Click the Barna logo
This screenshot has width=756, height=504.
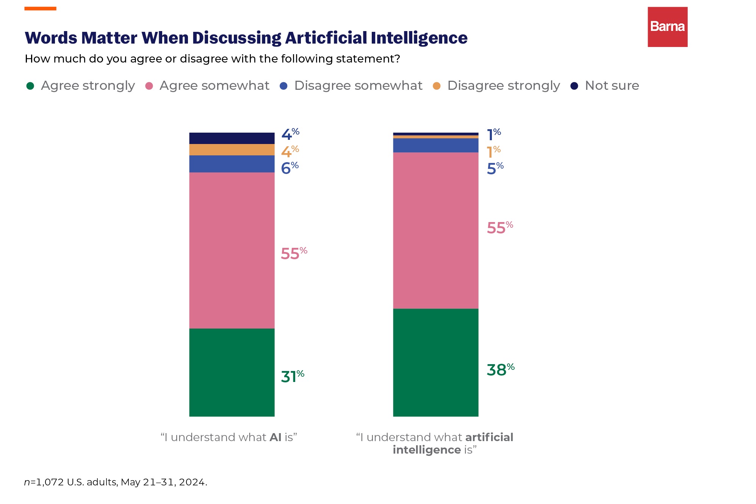(667, 27)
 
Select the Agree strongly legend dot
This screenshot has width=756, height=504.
(30, 86)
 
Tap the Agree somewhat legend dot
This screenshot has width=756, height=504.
(149, 86)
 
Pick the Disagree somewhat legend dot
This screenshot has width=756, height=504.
(283, 86)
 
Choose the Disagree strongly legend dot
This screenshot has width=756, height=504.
(437, 86)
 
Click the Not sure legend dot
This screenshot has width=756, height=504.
(574, 86)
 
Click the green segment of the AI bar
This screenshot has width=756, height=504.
(232, 372)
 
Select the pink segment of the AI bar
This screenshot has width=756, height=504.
(232, 250)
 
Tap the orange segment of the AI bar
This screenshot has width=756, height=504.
(232, 150)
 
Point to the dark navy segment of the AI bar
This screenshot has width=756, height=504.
(232, 138)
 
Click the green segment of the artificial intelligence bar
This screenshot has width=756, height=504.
(435, 362)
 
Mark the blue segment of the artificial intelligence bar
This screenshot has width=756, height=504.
(435, 146)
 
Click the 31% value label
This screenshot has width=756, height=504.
(292, 376)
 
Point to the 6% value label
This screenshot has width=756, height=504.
(290, 168)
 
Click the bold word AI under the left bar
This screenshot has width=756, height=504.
(275, 437)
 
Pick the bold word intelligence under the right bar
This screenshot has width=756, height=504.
(427, 450)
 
